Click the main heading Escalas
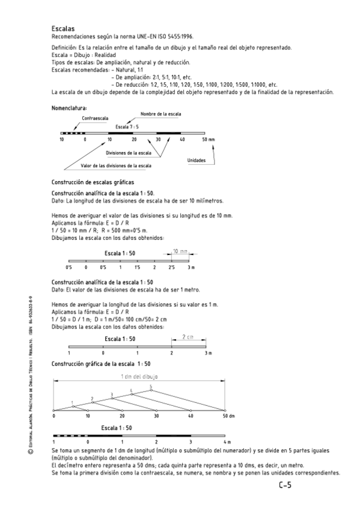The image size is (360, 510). pyautogui.click(x=63, y=28)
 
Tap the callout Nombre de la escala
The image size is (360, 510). pyautogui.click(x=160, y=113)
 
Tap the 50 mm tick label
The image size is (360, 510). pyautogui.click(x=208, y=139)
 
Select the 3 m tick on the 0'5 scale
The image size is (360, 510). pyautogui.click(x=191, y=267)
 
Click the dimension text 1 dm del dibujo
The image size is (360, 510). pyautogui.click(x=139, y=376)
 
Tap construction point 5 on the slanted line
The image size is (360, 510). pyautogui.click(x=151, y=387)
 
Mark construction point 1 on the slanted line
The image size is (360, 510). pyautogui.click(x=72, y=402)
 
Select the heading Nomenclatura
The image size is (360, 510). pyautogui.click(x=70, y=108)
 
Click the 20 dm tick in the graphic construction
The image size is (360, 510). pyautogui.click(x=122, y=416)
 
